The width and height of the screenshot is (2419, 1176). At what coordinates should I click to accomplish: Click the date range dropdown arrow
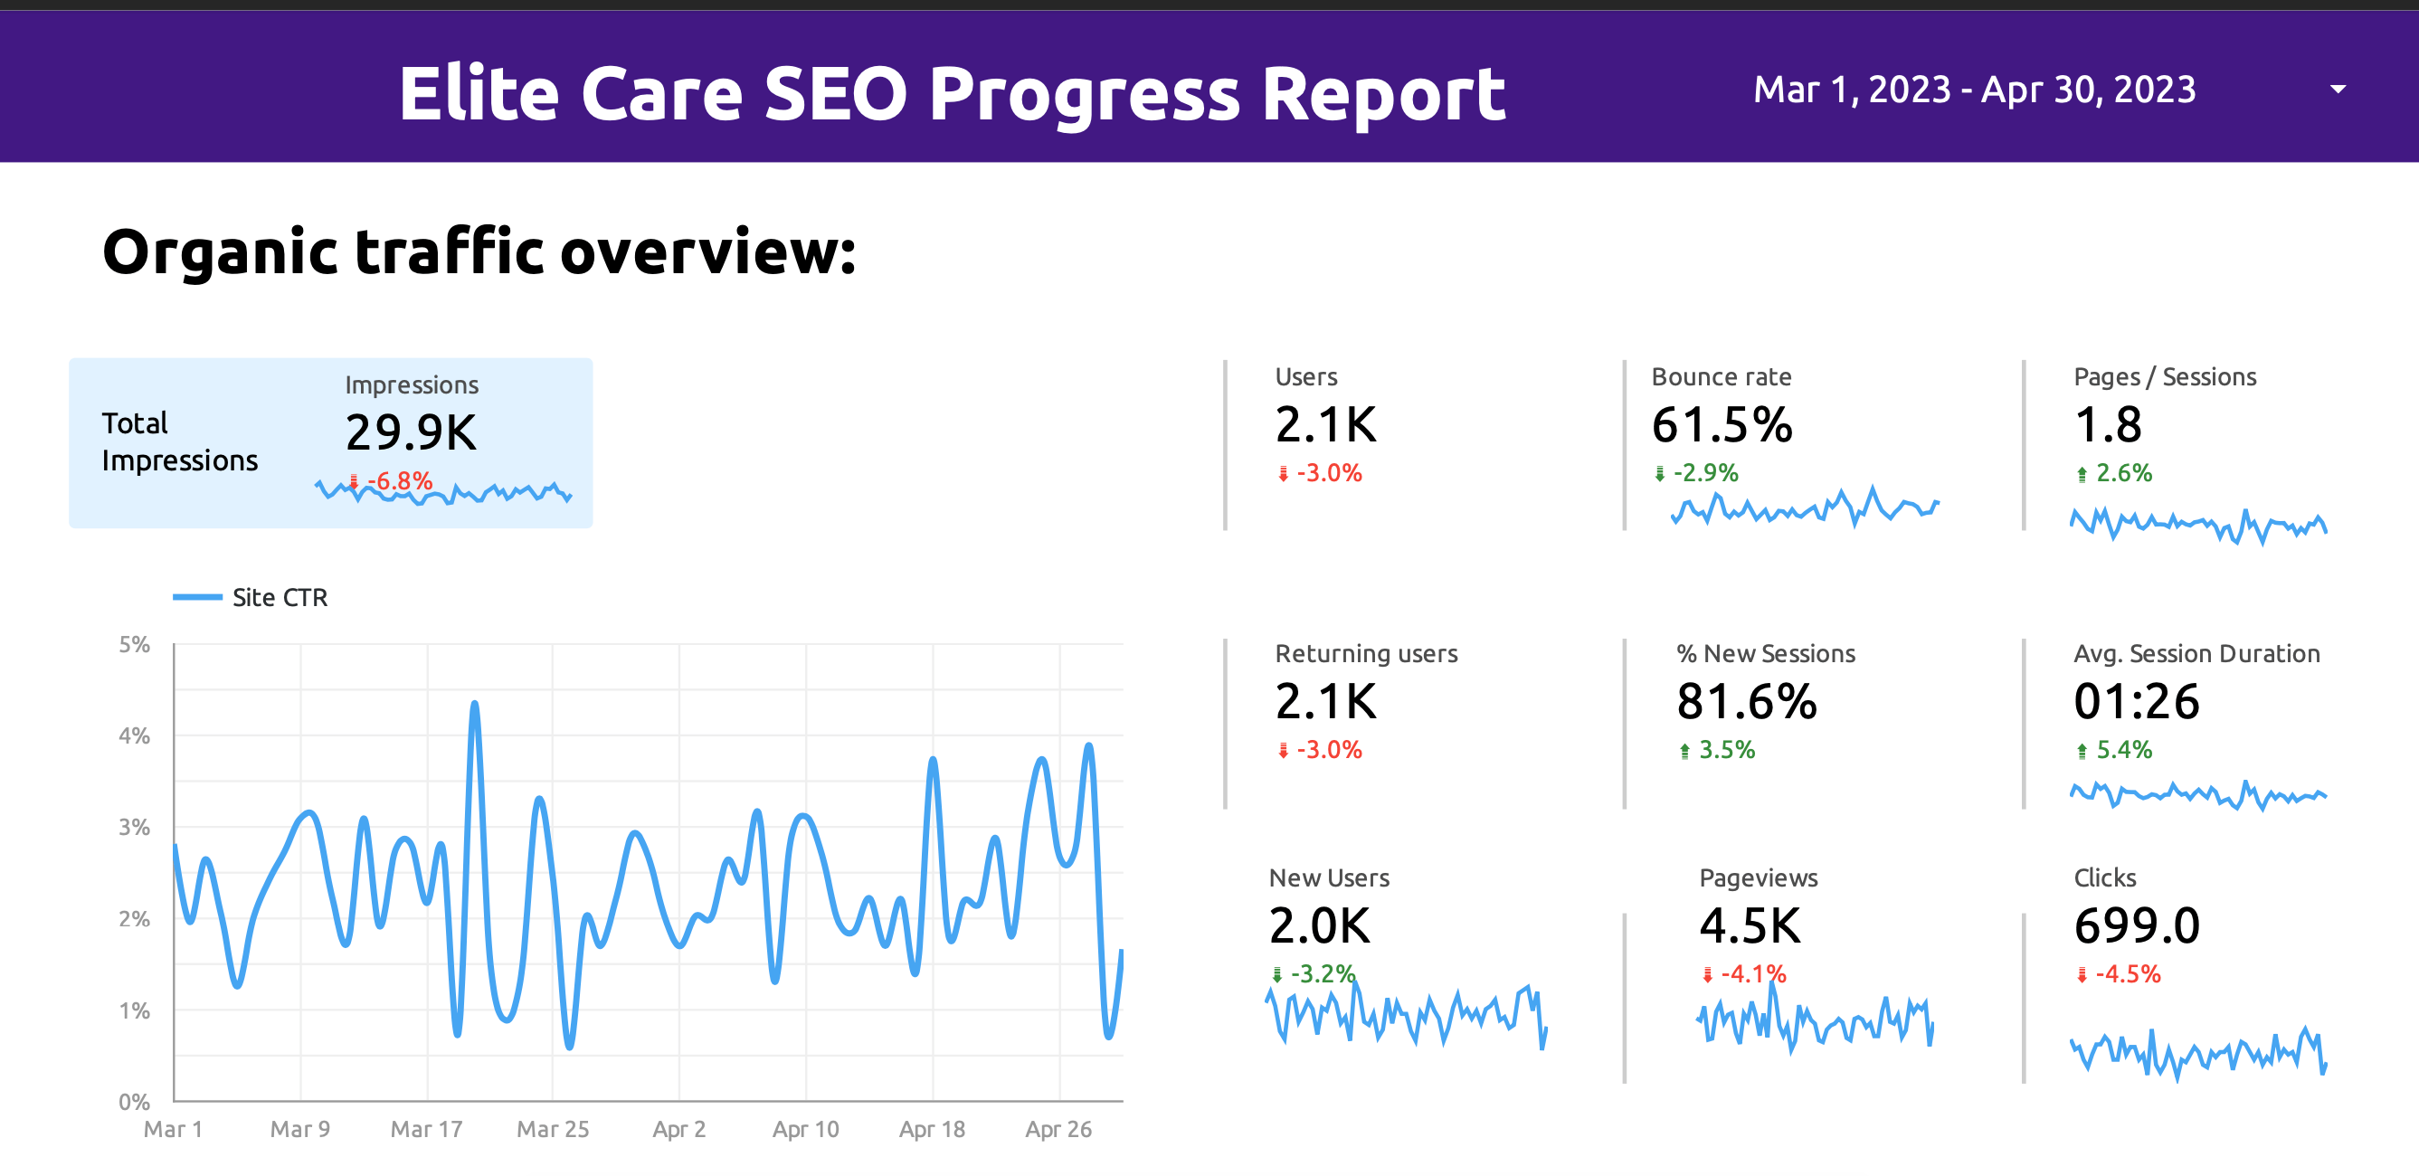tap(2338, 90)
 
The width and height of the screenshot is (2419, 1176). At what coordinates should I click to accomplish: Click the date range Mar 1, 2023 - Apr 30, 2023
tap(1974, 90)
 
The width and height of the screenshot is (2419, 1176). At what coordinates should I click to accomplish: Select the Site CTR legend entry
tap(279, 597)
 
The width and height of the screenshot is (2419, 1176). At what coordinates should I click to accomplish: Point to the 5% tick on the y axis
tap(134, 644)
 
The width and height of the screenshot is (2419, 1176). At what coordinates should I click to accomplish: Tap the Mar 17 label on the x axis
tap(426, 1129)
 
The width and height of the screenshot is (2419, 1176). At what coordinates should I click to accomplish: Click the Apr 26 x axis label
tap(1058, 1129)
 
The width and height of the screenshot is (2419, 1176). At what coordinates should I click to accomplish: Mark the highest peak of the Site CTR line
tap(474, 704)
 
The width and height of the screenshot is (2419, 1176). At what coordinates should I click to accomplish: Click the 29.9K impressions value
tap(412, 432)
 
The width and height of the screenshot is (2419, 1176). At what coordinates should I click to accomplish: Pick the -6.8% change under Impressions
tap(399, 481)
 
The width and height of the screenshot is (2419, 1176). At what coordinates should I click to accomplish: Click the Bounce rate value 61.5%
tap(1722, 424)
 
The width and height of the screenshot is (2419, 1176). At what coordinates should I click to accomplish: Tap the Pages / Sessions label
tap(2165, 376)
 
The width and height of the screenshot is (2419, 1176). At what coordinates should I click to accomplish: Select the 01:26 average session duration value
tap(2137, 702)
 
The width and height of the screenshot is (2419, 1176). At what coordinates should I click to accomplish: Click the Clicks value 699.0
tap(2137, 926)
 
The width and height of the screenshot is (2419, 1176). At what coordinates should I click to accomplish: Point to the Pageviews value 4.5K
tap(1750, 926)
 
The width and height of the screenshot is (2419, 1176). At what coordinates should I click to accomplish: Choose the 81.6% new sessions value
tap(1747, 702)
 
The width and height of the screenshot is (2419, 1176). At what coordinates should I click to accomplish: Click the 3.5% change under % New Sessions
tap(1726, 750)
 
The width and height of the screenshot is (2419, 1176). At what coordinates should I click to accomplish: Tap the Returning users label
tap(1365, 654)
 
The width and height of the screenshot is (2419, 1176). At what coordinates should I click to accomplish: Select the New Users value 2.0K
tap(1319, 926)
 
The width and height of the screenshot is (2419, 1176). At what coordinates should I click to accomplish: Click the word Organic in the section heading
tap(220, 251)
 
